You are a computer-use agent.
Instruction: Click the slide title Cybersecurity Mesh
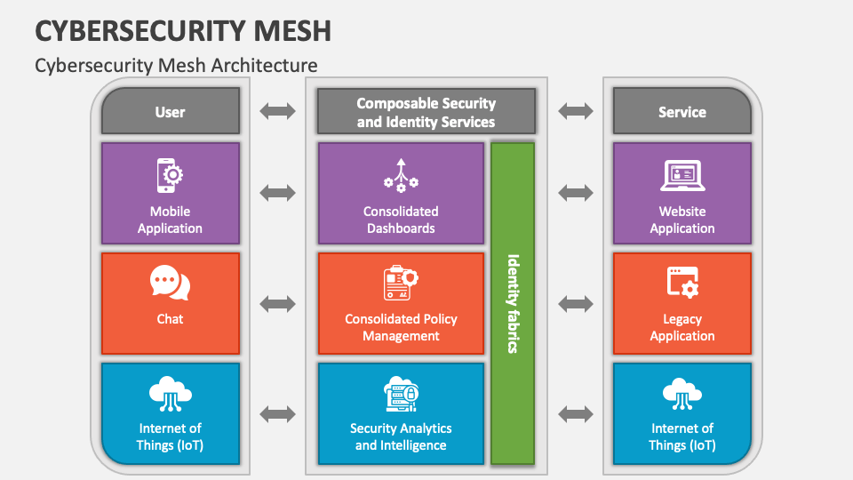(x=183, y=29)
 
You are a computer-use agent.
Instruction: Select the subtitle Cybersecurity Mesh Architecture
(x=176, y=65)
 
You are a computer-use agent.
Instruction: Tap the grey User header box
(x=170, y=112)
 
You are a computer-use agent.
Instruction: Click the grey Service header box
(x=682, y=112)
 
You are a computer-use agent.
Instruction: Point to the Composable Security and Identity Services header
(x=426, y=113)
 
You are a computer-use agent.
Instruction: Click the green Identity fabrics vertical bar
(x=513, y=303)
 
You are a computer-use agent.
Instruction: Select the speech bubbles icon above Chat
(x=170, y=284)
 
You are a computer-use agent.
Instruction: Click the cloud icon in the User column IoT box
(x=170, y=393)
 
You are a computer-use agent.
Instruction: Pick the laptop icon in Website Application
(x=682, y=176)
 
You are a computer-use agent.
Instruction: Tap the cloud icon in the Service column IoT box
(x=682, y=393)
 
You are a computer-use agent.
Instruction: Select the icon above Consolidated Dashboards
(x=401, y=175)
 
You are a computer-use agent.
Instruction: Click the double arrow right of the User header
(x=278, y=111)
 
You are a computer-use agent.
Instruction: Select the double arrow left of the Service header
(x=576, y=111)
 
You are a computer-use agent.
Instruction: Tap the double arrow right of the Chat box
(x=278, y=303)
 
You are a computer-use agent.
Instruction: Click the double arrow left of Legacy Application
(x=576, y=303)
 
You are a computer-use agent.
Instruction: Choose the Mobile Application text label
(x=170, y=220)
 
